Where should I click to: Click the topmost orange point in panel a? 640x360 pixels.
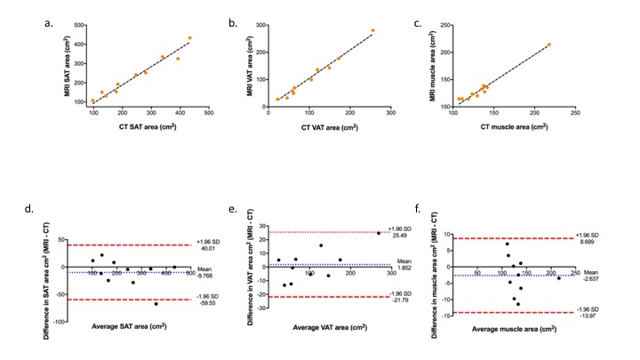coord(189,38)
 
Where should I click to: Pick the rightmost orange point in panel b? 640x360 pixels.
coord(372,30)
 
